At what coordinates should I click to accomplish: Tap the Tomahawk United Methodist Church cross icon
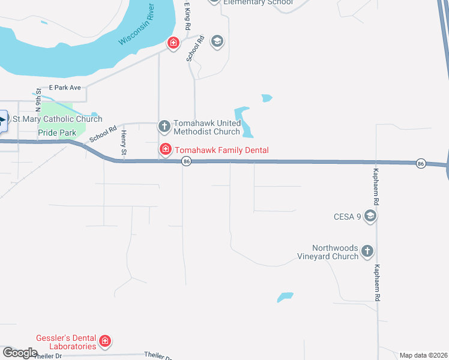(164, 126)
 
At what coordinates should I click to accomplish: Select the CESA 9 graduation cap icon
(370, 216)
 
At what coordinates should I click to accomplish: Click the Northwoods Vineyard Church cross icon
(367, 251)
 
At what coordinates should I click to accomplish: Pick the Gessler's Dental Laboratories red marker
(105, 341)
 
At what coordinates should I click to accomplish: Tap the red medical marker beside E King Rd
(173, 43)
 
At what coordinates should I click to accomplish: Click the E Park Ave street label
(65, 88)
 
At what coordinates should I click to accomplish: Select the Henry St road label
(124, 144)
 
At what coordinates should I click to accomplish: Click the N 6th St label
(37, 102)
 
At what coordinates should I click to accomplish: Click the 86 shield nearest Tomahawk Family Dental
(187, 161)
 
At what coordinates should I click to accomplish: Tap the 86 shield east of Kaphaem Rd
(420, 163)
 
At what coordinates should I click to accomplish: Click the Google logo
(20, 353)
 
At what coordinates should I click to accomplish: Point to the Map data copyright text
(423, 355)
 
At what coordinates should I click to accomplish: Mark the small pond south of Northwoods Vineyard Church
(285, 297)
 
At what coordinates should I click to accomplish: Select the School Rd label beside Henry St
(103, 134)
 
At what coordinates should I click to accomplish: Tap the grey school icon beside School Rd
(217, 41)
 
